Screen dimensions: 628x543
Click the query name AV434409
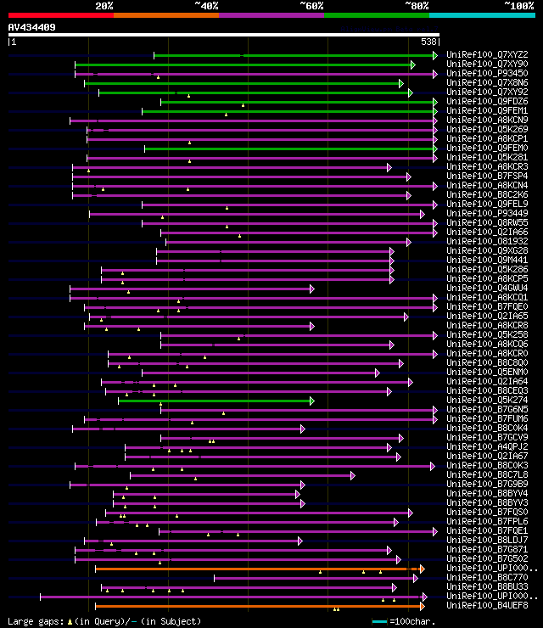32,27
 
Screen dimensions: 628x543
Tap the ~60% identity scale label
311,6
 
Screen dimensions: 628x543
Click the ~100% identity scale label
518,6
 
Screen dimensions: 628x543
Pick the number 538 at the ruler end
428,42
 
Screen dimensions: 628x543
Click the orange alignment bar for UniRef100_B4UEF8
255,606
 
